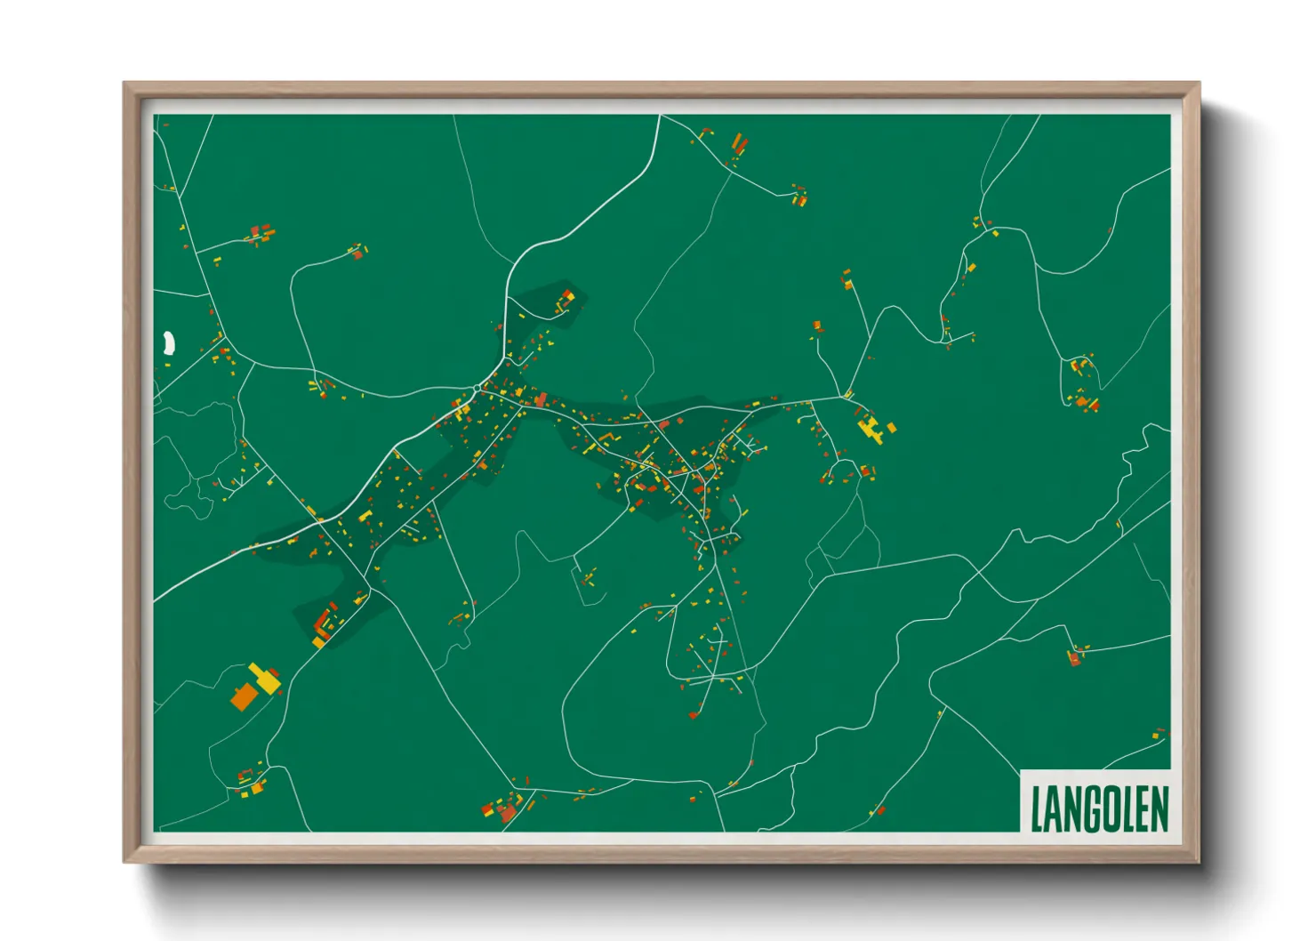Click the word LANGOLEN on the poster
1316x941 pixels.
1099,808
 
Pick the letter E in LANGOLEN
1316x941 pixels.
1142,808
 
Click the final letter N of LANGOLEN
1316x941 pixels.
1160,808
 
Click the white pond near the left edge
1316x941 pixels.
168,343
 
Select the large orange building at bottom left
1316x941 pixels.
243,696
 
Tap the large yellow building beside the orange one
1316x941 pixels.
265,679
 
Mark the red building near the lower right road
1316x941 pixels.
1075,659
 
